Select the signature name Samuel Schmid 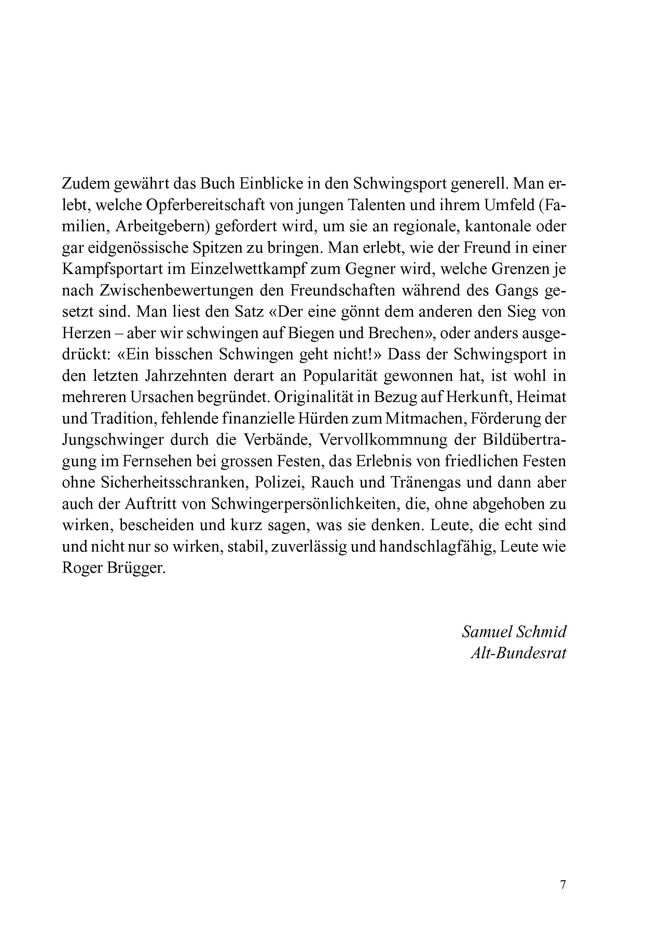[x=514, y=632]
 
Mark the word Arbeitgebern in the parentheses [x=161, y=227]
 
